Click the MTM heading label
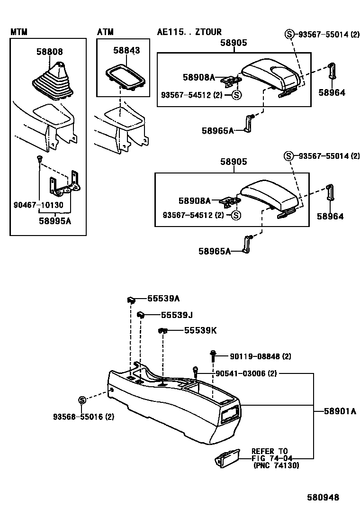19,32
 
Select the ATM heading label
106,32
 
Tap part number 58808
49,52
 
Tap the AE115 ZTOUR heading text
189,32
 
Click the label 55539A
163,299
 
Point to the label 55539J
163,315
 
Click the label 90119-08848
261,356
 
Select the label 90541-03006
246,373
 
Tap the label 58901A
340,411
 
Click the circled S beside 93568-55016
81,400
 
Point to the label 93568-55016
83,417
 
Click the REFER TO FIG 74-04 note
272,458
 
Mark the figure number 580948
322,497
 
